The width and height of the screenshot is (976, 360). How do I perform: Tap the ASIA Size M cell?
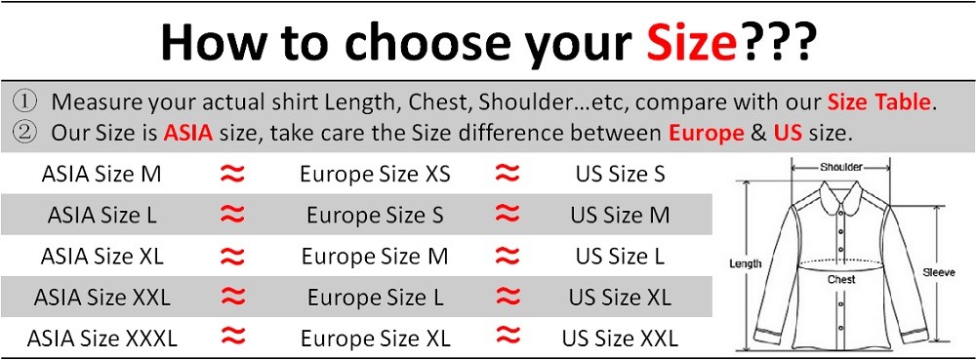click(102, 175)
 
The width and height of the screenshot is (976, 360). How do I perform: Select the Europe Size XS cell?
click(375, 175)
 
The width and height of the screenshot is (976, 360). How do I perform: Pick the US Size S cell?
click(620, 175)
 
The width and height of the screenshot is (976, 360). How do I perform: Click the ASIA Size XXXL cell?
click(102, 339)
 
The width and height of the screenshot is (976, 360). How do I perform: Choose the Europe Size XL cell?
click(375, 339)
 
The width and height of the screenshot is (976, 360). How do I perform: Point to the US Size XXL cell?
click(620, 339)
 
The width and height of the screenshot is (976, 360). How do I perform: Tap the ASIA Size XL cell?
click(102, 257)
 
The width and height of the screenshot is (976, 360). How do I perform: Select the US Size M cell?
click(620, 216)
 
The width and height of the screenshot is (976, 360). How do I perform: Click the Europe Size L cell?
click(375, 298)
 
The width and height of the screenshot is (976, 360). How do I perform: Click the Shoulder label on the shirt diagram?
click(840, 168)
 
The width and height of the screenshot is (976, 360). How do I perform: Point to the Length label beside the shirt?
click(746, 263)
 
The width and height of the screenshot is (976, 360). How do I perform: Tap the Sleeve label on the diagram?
click(939, 273)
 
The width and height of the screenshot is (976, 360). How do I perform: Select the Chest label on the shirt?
click(841, 280)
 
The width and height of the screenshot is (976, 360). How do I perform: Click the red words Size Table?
click(880, 101)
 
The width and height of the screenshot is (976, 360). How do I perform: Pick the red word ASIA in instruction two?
click(187, 133)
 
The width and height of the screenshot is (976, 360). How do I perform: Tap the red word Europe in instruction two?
click(706, 133)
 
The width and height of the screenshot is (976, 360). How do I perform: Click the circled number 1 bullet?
click(25, 101)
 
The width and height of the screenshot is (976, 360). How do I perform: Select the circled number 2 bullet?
click(25, 133)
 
